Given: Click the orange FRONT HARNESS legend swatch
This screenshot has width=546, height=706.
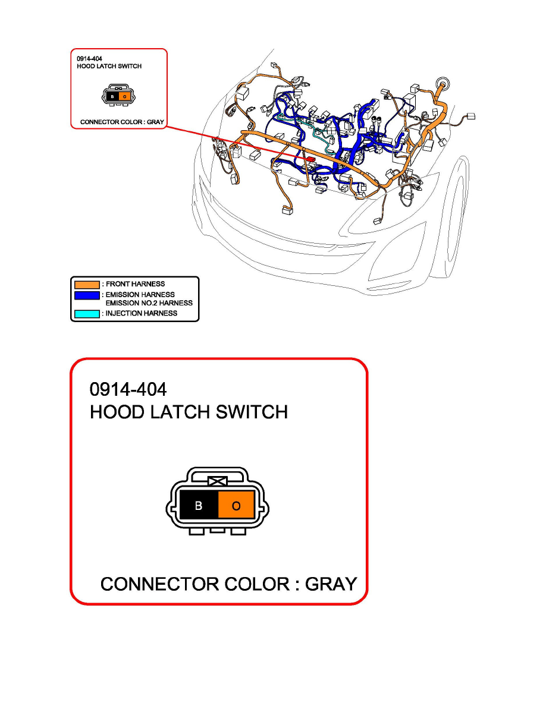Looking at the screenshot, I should click(86, 284).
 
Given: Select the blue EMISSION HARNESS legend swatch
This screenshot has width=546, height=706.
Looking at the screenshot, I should click(86, 295).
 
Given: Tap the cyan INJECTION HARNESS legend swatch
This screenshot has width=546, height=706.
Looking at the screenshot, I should click(86, 313).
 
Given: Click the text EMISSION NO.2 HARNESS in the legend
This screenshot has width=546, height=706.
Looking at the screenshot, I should click(149, 303).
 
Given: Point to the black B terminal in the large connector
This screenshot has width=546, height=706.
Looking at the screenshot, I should click(199, 506).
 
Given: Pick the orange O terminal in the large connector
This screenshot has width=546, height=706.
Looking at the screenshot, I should click(236, 506).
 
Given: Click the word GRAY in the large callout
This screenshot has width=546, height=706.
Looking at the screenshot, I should click(331, 584).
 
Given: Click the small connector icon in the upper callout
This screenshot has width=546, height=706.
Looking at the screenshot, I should click(118, 96).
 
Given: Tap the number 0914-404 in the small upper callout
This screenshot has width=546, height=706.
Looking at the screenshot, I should click(89, 59).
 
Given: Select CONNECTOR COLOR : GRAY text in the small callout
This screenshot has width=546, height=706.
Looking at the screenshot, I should click(122, 122).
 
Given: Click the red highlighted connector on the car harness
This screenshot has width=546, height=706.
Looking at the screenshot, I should click(310, 160).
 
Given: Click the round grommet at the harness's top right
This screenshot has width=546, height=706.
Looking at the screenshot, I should click(441, 83).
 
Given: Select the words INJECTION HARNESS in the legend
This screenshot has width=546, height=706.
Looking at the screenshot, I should click(142, 313).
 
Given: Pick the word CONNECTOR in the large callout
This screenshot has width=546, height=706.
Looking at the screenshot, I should click(160, 584).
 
